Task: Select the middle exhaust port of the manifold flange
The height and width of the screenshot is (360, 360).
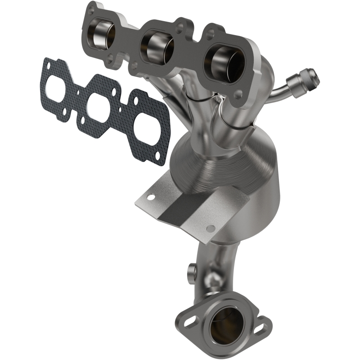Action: [156, 45]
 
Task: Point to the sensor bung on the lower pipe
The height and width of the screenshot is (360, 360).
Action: [190, 271]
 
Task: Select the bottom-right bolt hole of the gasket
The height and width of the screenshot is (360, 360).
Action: [157, 155]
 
